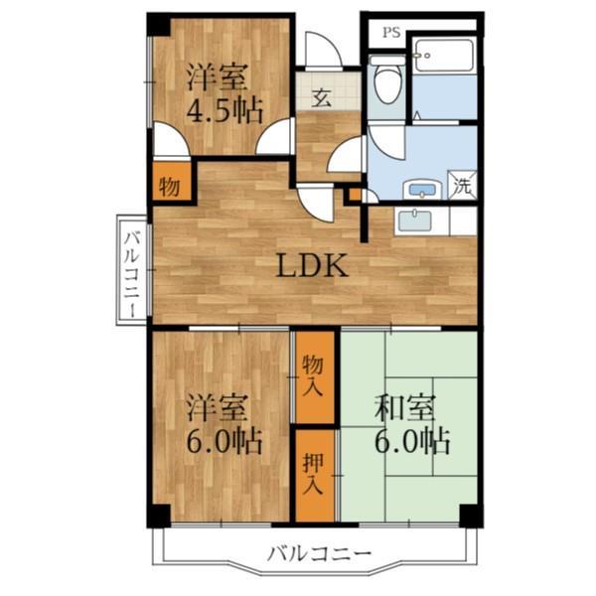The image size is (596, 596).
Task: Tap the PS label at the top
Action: tap(391, 31)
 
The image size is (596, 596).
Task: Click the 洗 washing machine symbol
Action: tap(463, 184)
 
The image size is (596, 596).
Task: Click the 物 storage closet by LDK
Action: tap(169, 186)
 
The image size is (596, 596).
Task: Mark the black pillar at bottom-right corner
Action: tap(470, 516)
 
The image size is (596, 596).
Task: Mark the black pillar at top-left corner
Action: tap(157, 24)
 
